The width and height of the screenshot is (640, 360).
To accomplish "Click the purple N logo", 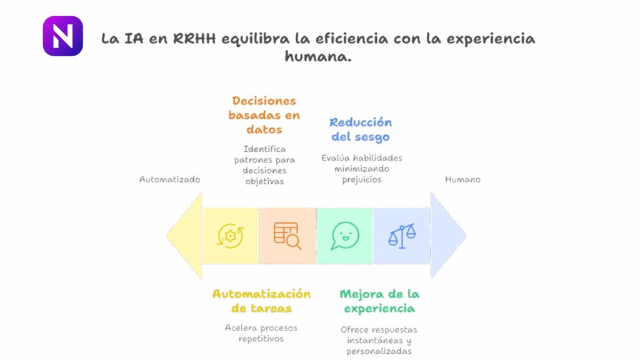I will coord(62,36).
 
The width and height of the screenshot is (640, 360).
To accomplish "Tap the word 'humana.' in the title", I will coord(317,56).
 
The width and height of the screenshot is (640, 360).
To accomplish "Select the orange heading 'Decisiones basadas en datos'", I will coord(263,115).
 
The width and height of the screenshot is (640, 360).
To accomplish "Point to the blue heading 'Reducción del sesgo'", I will coord(361,129).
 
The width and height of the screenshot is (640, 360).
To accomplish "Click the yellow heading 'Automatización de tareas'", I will coord(261,301).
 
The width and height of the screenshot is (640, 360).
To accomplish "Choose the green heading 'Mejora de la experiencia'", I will coord(379,301).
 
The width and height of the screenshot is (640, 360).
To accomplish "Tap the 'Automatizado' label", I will coord(169,179).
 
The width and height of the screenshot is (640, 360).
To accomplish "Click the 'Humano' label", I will coord(462,179).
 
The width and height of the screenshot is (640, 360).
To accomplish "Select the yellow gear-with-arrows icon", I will coord(230,236).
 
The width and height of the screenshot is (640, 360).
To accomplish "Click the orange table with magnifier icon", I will coord(287,236).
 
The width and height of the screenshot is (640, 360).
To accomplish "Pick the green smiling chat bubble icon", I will coord(345,236).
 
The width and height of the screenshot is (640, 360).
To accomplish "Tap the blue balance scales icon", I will coord(402,236).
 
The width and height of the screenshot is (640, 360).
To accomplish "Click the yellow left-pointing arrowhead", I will coord(184,236).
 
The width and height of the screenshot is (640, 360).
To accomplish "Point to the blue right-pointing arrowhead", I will coord(448,236).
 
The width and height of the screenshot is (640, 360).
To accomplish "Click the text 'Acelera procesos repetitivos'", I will coord(261,333).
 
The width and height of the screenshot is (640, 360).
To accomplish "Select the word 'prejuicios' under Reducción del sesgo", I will coord(361,179).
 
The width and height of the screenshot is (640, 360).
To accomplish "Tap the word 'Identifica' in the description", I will coord(265,149).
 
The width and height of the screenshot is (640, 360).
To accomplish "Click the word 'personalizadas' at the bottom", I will coord(379,351).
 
